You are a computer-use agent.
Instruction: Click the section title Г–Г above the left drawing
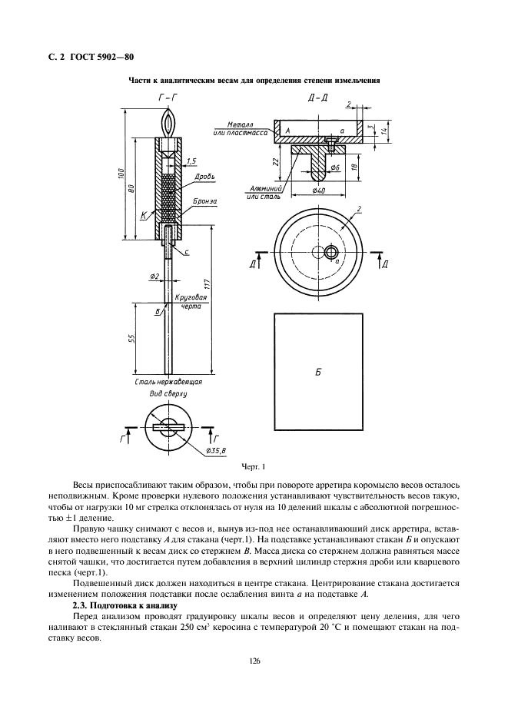pos(168,99)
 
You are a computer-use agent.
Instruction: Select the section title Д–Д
pos(318,99)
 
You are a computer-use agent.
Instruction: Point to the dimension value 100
pos(121,174)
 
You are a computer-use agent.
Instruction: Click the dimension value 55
pos(131,338)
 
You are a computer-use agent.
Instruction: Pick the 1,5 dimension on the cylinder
pos(191,161)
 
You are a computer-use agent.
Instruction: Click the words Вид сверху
pos(168,393)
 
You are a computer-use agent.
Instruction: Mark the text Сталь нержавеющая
pos(168,382)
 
